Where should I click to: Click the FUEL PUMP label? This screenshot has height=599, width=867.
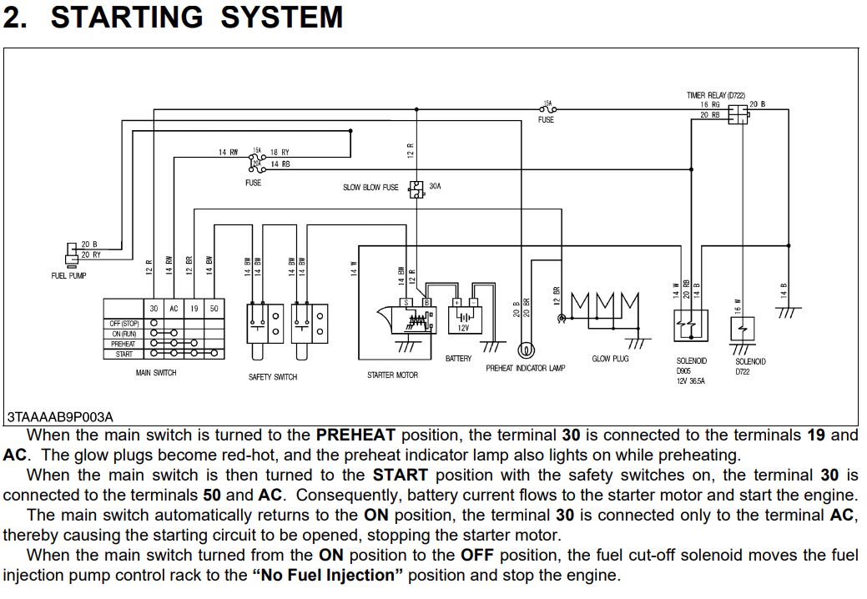tap(68, 275)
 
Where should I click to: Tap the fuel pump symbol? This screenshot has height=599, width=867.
tap(71, 250)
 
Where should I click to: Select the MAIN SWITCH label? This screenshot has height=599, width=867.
tap(156, 373)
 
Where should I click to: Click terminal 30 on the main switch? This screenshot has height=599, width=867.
tap(154, 309)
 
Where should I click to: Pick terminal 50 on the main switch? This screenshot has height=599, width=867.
tap(214, 309)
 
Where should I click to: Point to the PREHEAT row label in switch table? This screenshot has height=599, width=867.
tap(123, 344)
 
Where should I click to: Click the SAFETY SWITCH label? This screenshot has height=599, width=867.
tap(273, 377)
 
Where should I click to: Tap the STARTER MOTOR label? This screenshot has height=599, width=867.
tap(392, 375)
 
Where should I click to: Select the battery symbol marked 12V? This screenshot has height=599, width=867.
tap(463, 318)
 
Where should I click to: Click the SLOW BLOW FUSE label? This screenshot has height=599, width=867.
tap(370, 188)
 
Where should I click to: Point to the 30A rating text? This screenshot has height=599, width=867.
tap(435, 186)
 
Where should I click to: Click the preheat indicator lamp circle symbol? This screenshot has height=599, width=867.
tap(527, 350)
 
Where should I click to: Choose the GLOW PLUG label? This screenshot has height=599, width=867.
tap(610, 359)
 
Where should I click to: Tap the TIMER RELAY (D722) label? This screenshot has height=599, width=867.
tap(716, 96)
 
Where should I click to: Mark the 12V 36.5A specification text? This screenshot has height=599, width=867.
tap(691, 381)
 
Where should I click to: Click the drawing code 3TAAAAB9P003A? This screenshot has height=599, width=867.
tap(59, 416)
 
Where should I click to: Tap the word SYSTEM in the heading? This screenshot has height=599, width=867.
tap(281, 17)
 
